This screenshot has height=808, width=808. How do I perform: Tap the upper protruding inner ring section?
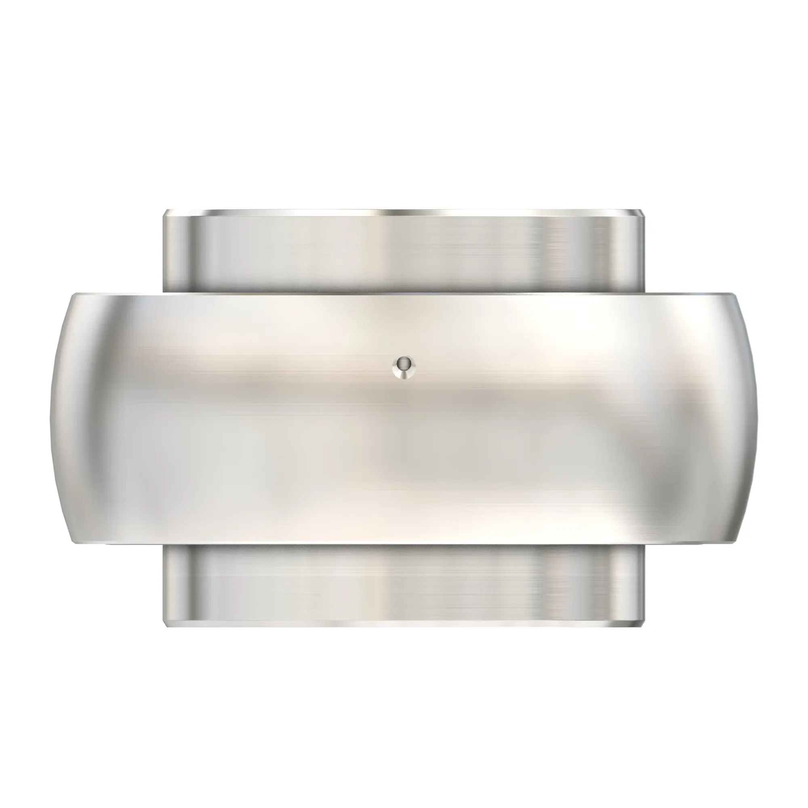coord(404,251)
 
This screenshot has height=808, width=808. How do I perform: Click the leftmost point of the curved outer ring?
coord(50,418)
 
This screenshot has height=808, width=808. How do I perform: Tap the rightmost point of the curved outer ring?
coord(757,418)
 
